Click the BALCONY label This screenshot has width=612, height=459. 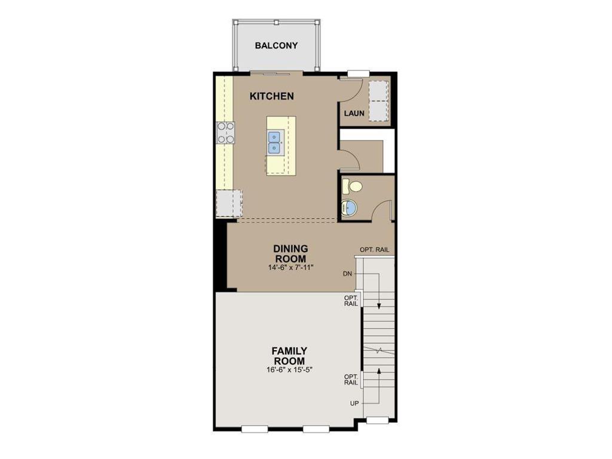[276, 45]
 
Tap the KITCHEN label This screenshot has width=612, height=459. [272, 96]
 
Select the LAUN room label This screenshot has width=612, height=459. [354, 113]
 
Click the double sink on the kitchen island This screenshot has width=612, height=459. [274, 142]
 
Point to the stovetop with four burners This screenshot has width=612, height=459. [226, 132]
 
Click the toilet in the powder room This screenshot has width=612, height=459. [353, 186]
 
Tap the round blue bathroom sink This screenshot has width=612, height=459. [349, 207]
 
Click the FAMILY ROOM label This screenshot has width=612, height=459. [289, 356]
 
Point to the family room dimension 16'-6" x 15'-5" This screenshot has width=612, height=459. [290, 369]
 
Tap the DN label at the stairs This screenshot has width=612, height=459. [347, 274]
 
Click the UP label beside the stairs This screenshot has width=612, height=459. [354, 403]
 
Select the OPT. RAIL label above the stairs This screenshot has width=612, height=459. [374, 250]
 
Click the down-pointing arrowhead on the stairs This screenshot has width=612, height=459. [378, 306]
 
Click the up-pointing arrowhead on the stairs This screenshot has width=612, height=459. [378, 371]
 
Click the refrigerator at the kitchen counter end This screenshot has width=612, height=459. [229, 203]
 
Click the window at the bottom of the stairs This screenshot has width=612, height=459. [378, 420]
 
